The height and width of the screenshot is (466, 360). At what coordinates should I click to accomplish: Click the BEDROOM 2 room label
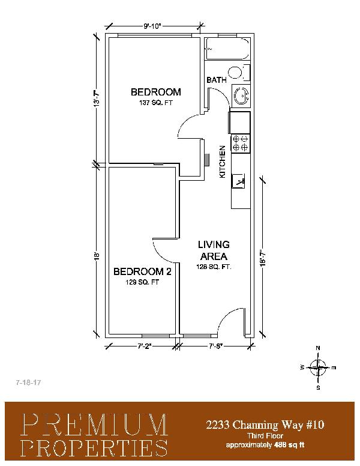point(142,271)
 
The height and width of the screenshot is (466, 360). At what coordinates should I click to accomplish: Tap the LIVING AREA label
point(214,250)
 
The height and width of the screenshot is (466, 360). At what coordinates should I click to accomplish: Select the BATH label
point(217,80)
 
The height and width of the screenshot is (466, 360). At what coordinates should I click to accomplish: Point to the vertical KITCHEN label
point(223,162)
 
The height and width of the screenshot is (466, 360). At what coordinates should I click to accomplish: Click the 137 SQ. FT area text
point(155,103)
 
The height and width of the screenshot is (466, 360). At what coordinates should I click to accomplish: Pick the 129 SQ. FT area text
point(142,282)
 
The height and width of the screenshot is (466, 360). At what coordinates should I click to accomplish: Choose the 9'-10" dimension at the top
point(152,26)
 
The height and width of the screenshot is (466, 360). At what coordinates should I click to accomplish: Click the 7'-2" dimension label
point(145,346)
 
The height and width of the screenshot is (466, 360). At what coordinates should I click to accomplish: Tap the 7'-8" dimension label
point(215,346)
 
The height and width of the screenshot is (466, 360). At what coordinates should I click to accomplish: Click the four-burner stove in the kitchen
point(241,143)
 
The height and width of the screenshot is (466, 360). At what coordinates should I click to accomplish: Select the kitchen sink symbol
point(239,181)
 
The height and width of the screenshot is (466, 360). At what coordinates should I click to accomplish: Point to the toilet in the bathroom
point(239,73)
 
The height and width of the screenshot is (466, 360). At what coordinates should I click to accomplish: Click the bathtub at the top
point(227,49)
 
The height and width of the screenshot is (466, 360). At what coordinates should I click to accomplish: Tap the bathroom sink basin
point(241,95)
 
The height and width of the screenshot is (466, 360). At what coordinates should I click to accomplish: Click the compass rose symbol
point(318,368)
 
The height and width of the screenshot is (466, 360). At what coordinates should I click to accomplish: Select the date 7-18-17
point(29,383)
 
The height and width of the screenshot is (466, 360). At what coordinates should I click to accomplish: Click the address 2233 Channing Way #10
point(265,425)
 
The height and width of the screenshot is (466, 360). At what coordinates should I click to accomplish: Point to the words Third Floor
point(265,436)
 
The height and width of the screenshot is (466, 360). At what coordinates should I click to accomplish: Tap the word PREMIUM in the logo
point(95,425)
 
